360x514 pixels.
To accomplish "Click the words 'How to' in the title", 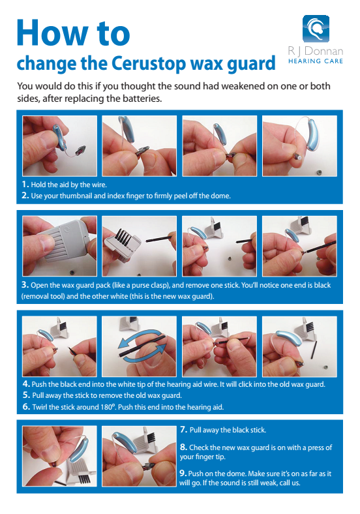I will click(x=73, y=33).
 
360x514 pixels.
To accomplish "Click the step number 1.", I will click(x=25, y=185).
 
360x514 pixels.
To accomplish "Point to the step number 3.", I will click(x=25, y=285).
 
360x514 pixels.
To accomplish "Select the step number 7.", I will click(x=183, y=431).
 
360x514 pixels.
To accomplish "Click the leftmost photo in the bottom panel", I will click(x=59, y=455).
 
